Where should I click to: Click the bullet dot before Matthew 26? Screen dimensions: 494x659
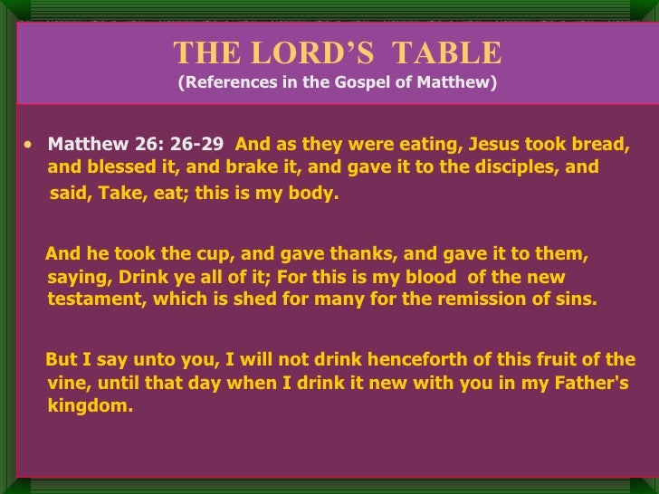(x=33, y=144)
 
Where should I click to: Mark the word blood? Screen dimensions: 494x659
(x=457, y=278)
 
